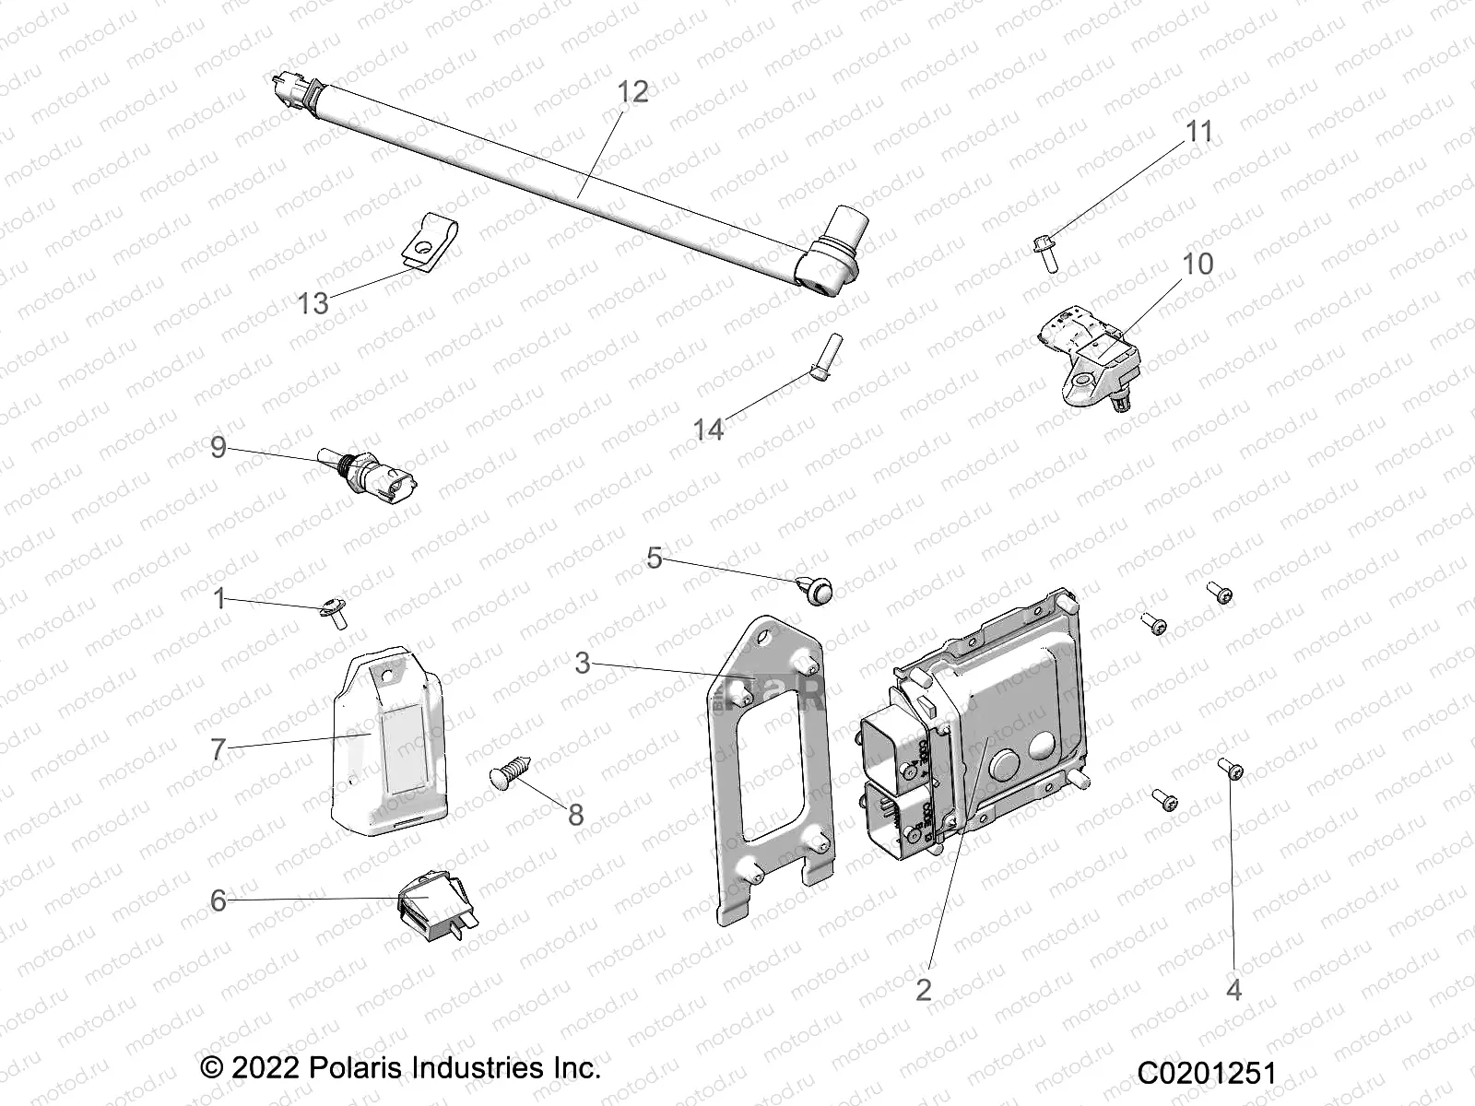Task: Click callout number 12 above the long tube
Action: click(632, 92)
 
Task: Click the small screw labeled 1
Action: click(336, 613)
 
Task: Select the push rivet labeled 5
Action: click(816, 587)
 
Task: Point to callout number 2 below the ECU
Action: click(924, 989)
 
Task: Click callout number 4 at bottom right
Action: click(1233, 989)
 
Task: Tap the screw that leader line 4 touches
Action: click(1230, 768)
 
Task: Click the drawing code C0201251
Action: click(1206, 1073)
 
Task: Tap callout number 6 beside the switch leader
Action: click(218, 900)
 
